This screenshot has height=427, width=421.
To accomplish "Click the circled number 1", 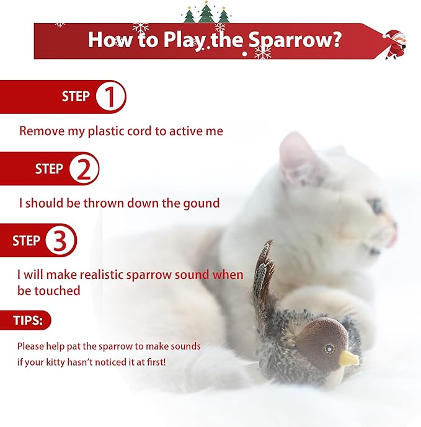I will (x=110, y=97).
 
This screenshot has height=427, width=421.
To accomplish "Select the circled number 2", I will (x=84, y=169).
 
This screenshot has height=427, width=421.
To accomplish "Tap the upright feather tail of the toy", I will (x=263, y=273).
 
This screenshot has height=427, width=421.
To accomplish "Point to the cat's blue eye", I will (x=376, y=206).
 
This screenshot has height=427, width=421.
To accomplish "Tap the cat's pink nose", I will (x=392, y=236).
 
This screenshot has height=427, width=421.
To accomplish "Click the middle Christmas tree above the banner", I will (x=206, y=12).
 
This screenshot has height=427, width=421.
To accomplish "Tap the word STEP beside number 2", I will (x=49, y=169).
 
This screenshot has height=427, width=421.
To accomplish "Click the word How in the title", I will (x=107, y=40).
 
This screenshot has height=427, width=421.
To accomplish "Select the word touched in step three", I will (x=59, y=290).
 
